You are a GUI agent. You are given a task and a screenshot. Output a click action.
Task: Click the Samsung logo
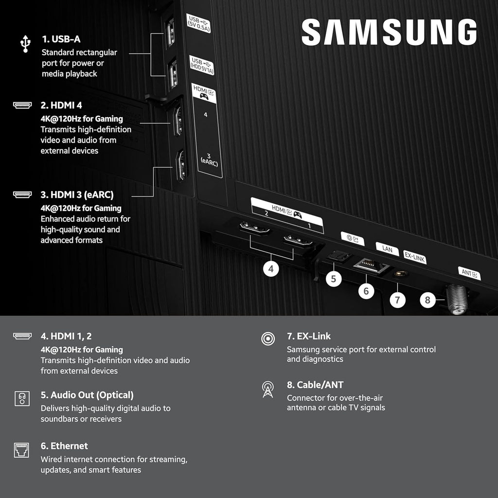coord(389,32)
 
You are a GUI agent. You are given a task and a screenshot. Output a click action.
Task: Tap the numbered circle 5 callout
coord(333,279)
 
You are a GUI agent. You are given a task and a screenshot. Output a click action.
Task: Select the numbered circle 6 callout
coord(366,291)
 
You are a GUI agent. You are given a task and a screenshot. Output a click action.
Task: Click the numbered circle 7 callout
coord(397,300)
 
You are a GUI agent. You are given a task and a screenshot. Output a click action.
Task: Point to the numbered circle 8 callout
coord(427,300)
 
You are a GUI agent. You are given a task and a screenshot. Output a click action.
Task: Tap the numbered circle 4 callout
coord(271,268)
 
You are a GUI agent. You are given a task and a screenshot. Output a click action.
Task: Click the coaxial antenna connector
coord(457,299)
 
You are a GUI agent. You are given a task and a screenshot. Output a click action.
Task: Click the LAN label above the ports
coord(387,249)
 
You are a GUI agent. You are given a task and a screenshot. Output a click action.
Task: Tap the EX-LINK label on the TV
coord(415,257)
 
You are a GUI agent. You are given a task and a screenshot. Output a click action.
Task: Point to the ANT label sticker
coord(469,273)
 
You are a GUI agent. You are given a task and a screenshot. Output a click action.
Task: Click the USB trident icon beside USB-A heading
coord(25,43)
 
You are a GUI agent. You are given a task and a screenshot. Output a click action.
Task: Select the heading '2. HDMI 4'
coord(60,105)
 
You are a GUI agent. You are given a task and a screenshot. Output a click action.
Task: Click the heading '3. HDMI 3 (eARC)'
coord(77,195)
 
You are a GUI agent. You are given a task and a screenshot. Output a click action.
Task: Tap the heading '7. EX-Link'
coord(309,336)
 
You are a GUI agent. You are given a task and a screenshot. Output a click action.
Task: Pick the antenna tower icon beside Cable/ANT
coord(267,389)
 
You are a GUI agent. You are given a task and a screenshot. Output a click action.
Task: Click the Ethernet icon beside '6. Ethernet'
coord(22,450)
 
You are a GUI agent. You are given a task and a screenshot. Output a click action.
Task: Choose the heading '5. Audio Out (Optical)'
coord(87,395)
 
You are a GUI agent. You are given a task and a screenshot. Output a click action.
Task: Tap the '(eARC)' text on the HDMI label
coord(209,163)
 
